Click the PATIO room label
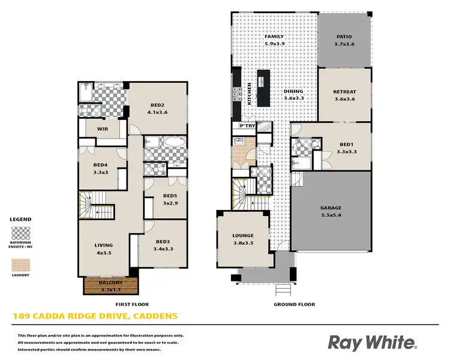click(x=344, y=37)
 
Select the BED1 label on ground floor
click(x=345, y=145)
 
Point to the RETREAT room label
click(x=344, y=92)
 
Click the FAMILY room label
click(x=274, y=37)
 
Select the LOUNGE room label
click(x=242, y=236)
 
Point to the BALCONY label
click(x=110, y=283)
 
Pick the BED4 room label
click(x=101, y=165)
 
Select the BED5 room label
click(x=171, y=196)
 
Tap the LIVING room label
click(x=103, y=245)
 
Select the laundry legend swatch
click(x=21, y=265)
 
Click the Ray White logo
click(x=372, y=343)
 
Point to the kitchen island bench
click(x=263, y=88)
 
